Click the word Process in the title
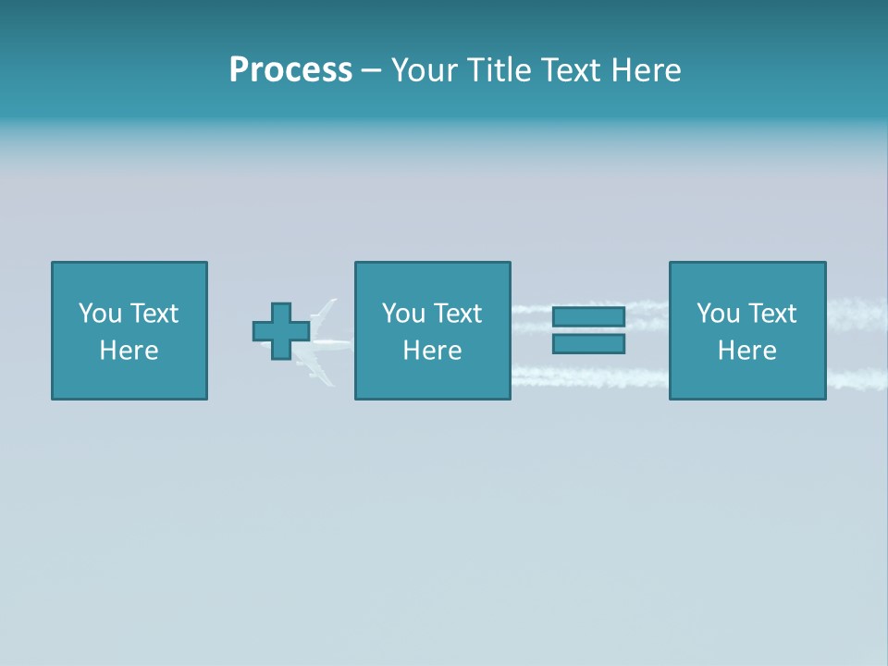coord(290,70)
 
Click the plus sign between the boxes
coord(281,331)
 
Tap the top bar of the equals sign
coord(588,317)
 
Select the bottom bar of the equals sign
coord(588,344)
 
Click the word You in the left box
coord(100,314)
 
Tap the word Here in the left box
coord(129,351)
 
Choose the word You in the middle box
coord(403,314)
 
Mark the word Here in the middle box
coord(432,351)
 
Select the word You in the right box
coord(718,314)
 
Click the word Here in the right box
coord(746,351)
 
